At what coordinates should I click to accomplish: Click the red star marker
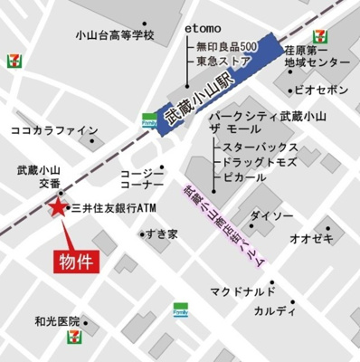point(57,209)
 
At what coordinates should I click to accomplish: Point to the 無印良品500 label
point(227,46)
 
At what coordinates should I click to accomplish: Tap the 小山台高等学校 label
point(115,36)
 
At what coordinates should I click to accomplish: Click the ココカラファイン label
point(53,130)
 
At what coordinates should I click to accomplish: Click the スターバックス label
point(260,146)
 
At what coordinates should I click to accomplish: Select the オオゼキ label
point(311,238)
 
